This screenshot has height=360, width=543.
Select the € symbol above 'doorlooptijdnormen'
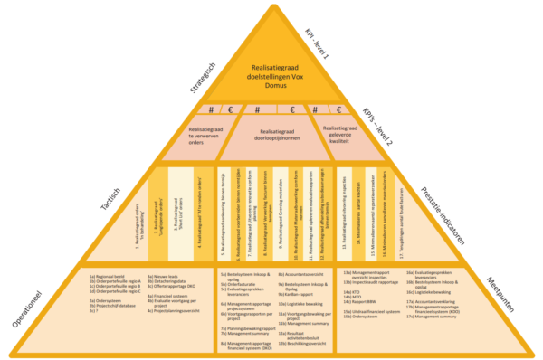[x=291, y=111]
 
